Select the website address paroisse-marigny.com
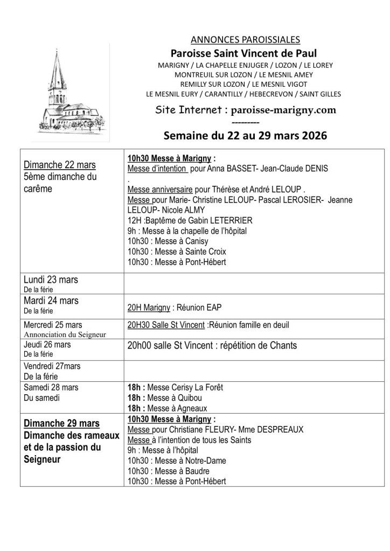tap(283, 110)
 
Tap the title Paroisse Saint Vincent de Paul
tap(244, 53)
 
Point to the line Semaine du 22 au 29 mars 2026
tap(245, 136)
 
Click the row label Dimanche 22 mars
tap(60, 165)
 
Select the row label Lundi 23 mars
tap(51, 280)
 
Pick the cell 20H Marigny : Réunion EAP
tap(175, 308)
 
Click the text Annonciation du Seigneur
tap(65, 334)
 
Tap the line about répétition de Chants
tap(212, 346)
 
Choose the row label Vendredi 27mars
tap(52, 366)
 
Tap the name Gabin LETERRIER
tap(218, 220)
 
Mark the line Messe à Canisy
tap(168, 241)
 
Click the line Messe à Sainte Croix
tap(177, 252)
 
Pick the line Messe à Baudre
tap(169, 471)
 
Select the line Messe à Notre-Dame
tap(177, 461)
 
